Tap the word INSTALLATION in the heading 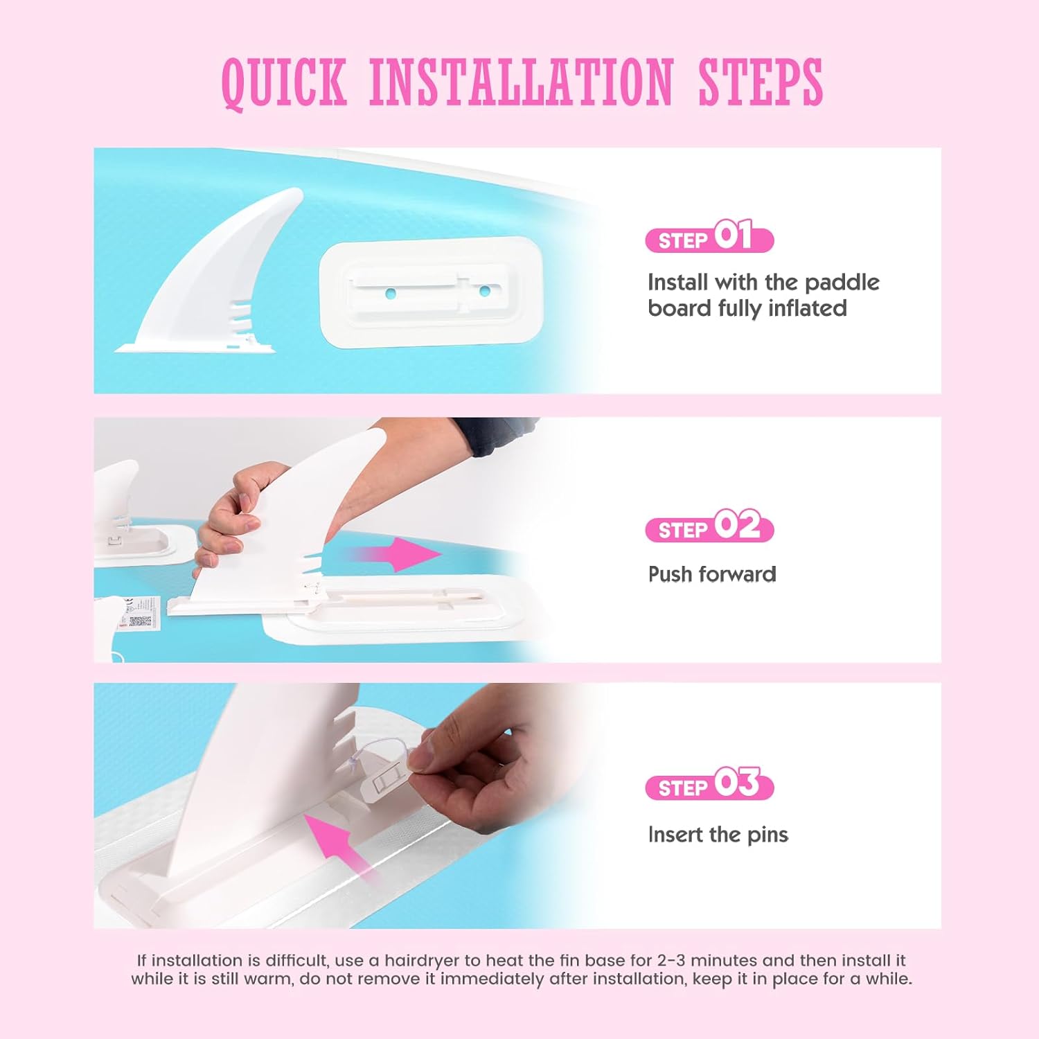(x=522, y=82)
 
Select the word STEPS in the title (x=760, y=82)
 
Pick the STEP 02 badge (x=709, y=526)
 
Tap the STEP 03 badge (x=709, y=783)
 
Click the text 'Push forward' (x=712, y=574)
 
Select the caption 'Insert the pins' (x=718, y=835)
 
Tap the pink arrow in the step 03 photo (x=339, y=846)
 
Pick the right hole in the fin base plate (x=485, y=291)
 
